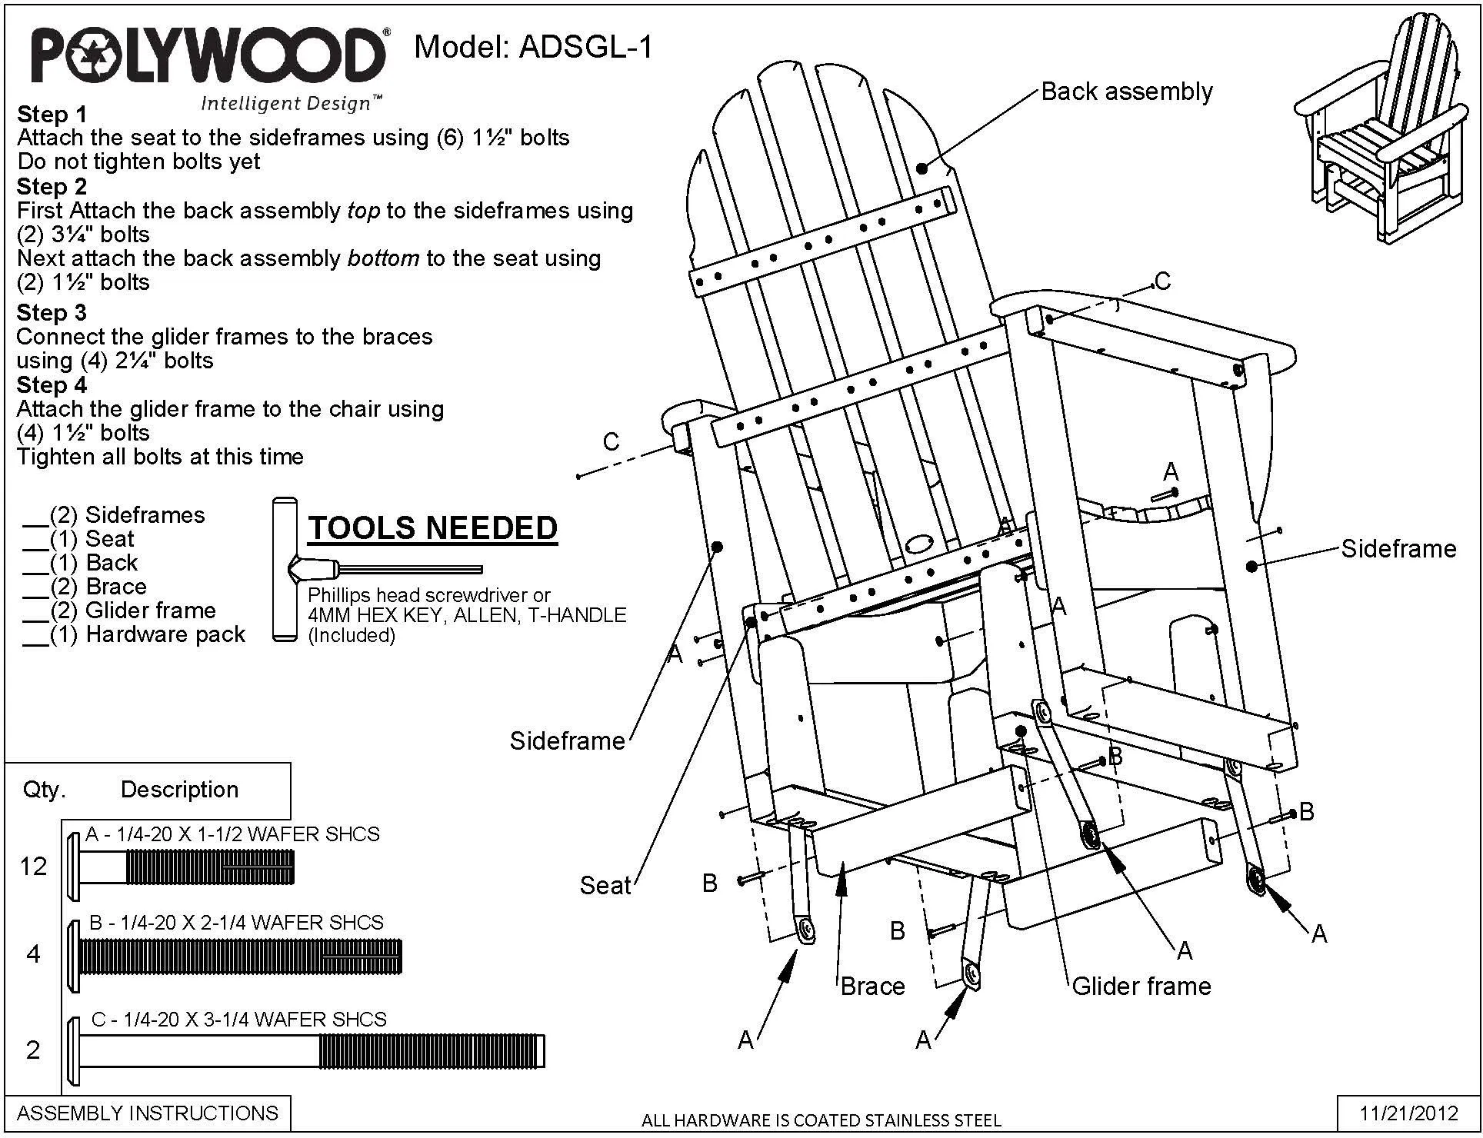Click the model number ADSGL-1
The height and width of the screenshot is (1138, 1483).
pyautogui.click(x=586, y=48)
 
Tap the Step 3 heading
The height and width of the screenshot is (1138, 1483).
pyautogui.click(x=52, y=313)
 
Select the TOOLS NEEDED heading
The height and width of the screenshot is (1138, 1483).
pyautogui.click(x=432, y=528)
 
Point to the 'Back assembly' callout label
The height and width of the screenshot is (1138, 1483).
pyautogui.click(x=1127, y=92)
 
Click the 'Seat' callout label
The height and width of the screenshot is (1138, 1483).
pyautogui.click(x=605, y=885)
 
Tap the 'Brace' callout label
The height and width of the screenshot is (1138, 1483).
pyautogui.click(x=872, y=986)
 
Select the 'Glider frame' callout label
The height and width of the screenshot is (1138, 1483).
pyautogui.click(x=1141, y=986)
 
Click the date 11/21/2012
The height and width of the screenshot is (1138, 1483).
pyautogui.click(x=1409, y=1113)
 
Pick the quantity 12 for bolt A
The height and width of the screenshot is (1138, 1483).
pyautogui.click(x=33, y=867)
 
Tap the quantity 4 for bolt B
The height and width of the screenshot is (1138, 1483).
pyautogui.click(x=33, y=954)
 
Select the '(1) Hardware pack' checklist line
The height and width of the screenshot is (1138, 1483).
pyautogui.click(x=135, y=634)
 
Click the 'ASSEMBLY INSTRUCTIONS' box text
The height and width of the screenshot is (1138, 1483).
pyautogui.click(x=148, y=1113)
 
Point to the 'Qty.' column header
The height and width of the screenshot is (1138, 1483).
pyautogui.click(x=45, y=790)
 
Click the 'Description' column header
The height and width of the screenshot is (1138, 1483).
pyautogui.click(x=179, y=790)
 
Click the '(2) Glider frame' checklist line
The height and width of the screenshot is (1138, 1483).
pyautogui.click(x=120, y=611)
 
